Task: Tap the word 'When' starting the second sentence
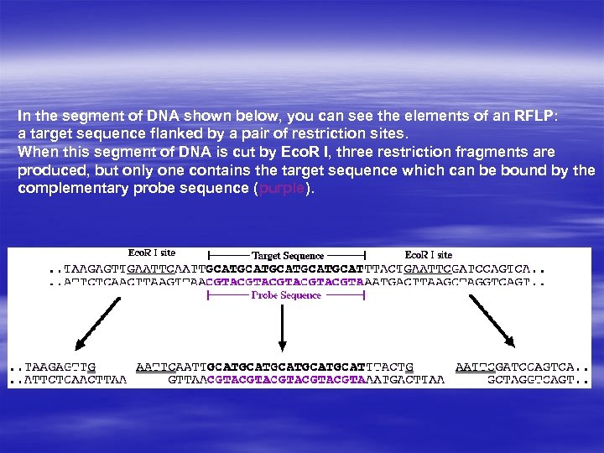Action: (x=36, y=153)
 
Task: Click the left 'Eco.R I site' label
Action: (x=152, y=253)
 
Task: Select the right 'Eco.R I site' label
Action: (x=428, y=254)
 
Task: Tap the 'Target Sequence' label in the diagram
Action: (x=287, y=255)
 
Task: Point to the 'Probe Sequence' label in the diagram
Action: (x=286, y=295)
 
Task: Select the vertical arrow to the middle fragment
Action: (x=283, y=323)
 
